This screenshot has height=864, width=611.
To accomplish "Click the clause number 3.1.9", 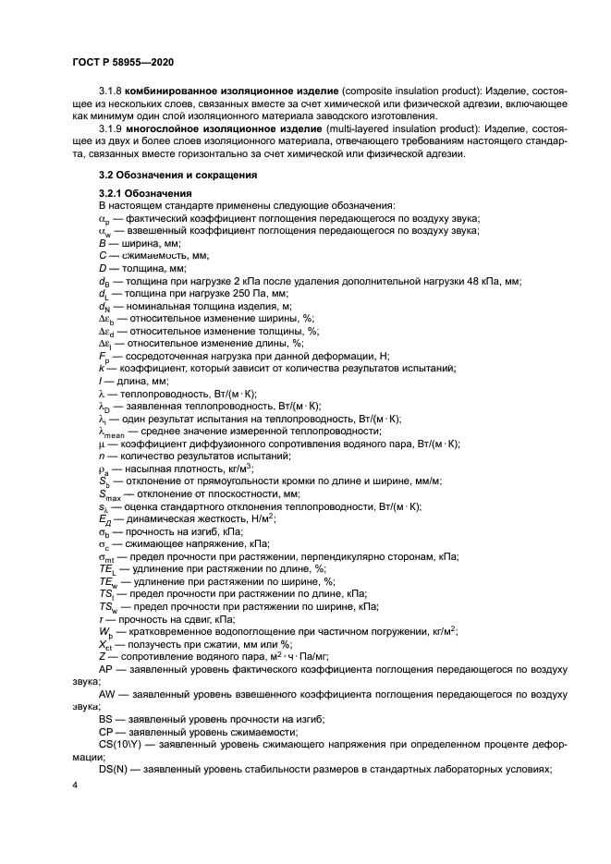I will coord(111,129).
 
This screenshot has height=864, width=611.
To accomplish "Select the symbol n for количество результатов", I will coord(102,456).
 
